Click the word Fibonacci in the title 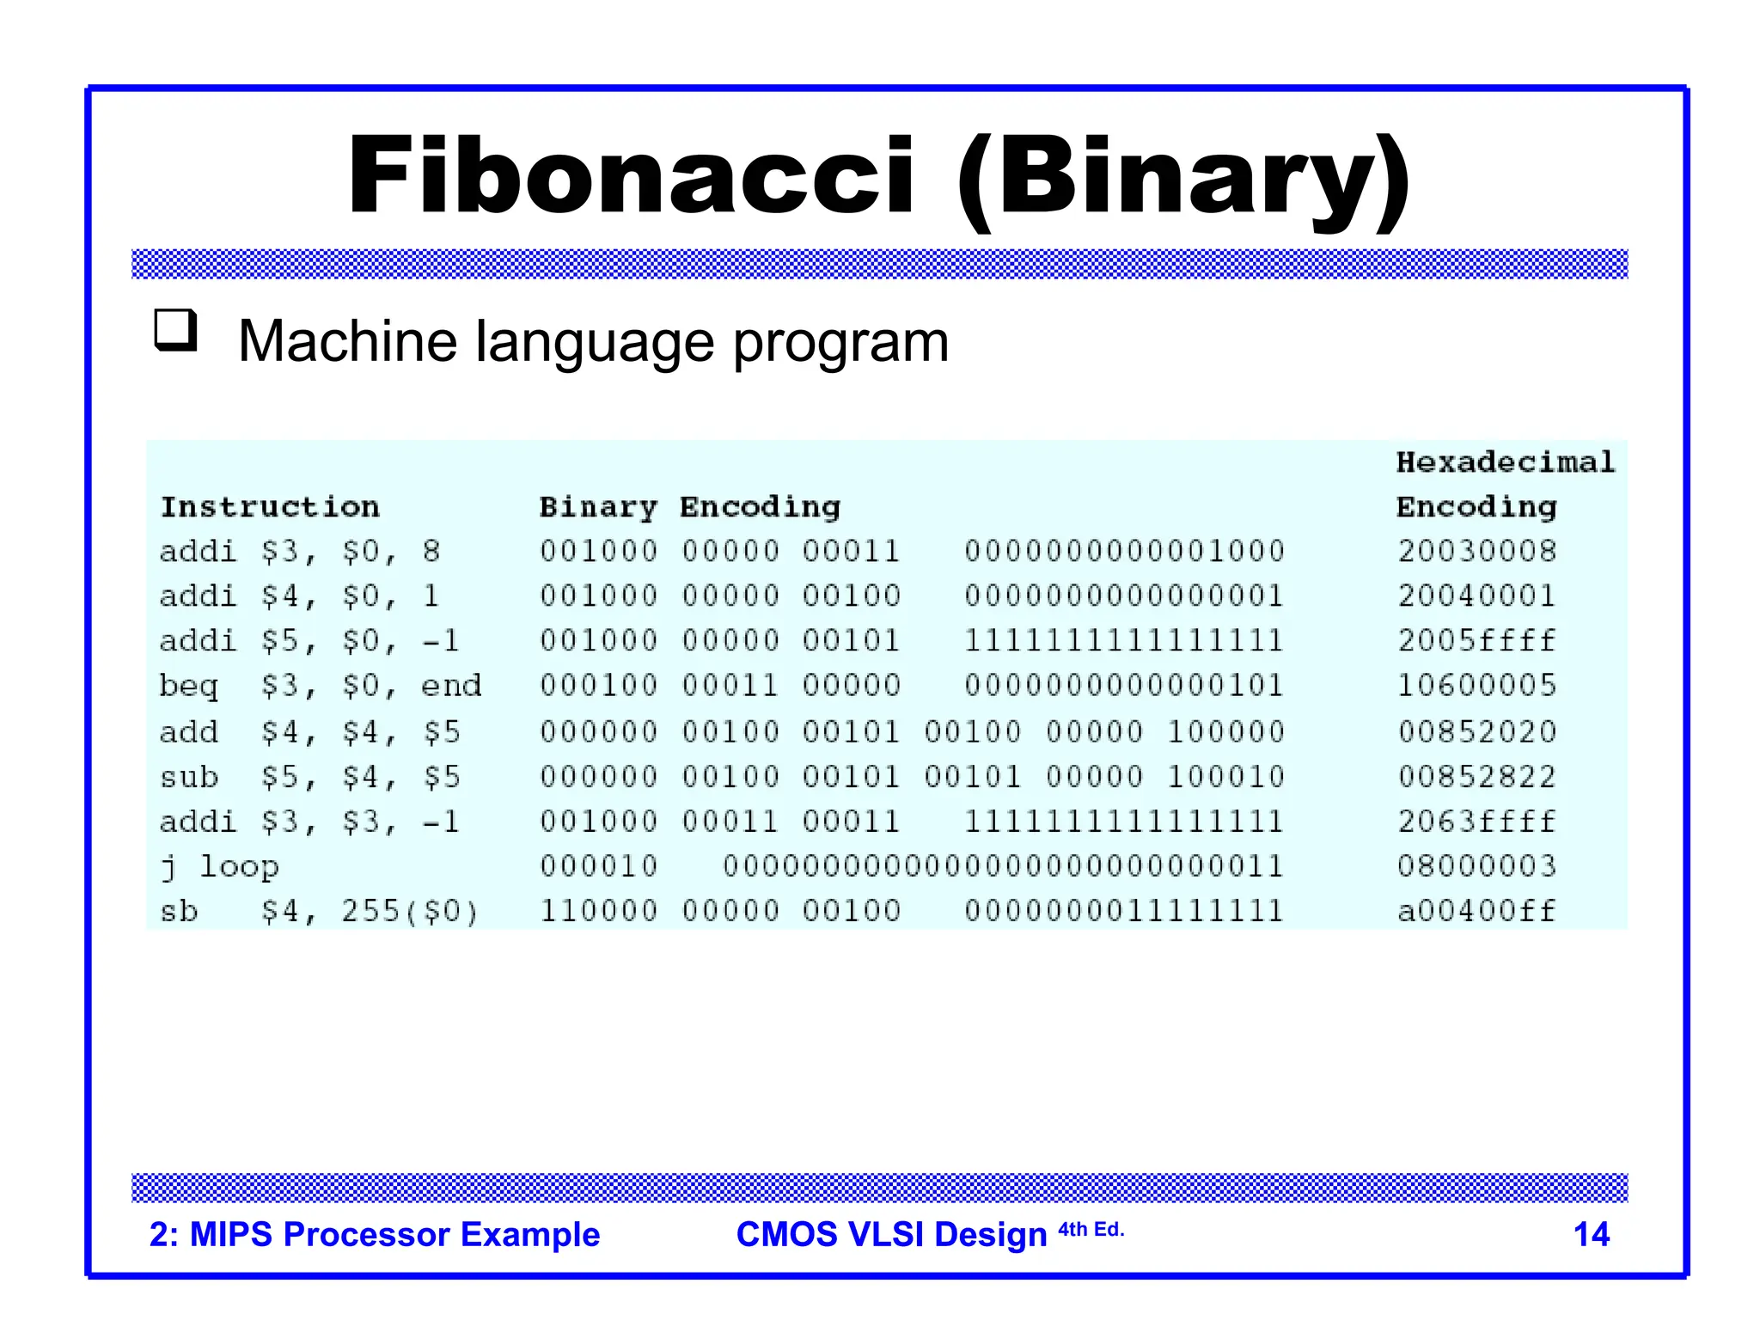point(632,176)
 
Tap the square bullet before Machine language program point(175,331)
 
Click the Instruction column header point(270,507)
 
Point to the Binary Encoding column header point(689,507)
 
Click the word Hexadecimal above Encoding point(1505,462)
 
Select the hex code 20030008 point(1476,551)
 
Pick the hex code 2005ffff point(1476,640)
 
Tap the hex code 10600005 point(1476,685)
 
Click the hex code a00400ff point(1476,911)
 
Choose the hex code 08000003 point(1476,865)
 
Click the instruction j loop point(220,867)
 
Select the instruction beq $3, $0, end point(321,686)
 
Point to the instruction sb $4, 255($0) point(319,911)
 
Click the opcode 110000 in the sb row point(598,911)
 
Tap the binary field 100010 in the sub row point(1225,777)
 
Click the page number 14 point(1591,1234)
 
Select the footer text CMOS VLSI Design point(891,1234)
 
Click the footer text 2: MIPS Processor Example point(375,1234)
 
